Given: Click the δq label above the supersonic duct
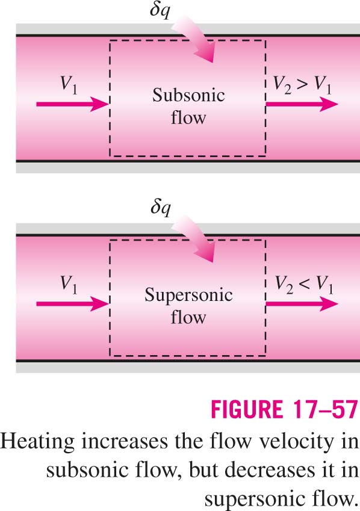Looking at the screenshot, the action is [x=160, y=208].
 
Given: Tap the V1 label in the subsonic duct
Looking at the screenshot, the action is [x=69, y=85].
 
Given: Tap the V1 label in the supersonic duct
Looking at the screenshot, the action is [x=69, y=285].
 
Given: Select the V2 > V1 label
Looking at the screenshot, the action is [x=302, y=85].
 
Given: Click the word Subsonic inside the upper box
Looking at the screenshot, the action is [x=188, y=96].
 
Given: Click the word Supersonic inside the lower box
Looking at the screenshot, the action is [x=188, y=296].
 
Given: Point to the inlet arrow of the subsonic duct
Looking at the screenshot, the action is [x=72, y=104].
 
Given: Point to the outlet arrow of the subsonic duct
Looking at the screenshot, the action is [x=302, y=104].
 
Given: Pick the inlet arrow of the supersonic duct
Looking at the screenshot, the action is [x=72, y=304].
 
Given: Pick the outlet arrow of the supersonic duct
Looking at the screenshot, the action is [x=302, y=304].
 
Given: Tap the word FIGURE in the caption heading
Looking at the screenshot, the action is [x=247, y=409].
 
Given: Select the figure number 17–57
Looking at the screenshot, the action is [x=326, y=409].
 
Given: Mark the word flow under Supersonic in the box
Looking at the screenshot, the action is [x=188, y=317].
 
